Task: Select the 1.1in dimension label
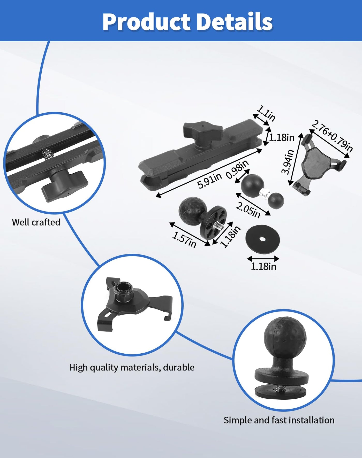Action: click(266, 113)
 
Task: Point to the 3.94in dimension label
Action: click(288, 162)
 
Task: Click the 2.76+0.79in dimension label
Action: click(332, 136)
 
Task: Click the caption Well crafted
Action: click(36, 222)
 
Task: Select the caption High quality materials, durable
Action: click(132, 367)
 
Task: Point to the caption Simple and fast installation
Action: click(279, 420)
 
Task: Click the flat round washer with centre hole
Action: click(262, 239)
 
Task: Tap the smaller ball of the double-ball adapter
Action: click(276, 200)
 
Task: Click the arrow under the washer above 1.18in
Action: click(263, 258)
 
